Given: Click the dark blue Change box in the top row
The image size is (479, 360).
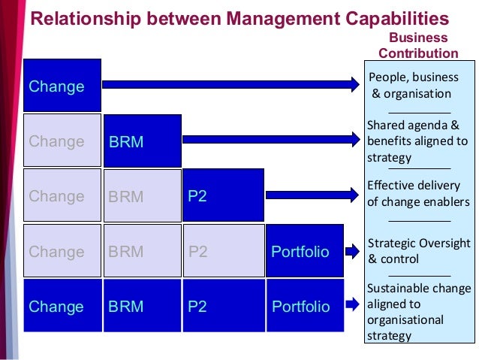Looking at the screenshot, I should (x=62, y=86).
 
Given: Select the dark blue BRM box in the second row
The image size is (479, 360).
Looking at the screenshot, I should (x=143, y=141).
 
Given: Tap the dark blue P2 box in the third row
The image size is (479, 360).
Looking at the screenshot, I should (x=222, y=195).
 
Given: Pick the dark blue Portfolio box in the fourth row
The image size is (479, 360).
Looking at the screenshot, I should (x=304, y=251).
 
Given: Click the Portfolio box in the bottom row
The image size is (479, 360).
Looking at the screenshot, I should (x=304, y=306).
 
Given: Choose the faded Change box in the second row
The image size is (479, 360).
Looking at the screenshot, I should (x=62, y=141).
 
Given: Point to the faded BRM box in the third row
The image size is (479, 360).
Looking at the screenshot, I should (x=142, y=195).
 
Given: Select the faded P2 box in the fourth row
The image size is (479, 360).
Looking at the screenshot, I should (x=222, y=251).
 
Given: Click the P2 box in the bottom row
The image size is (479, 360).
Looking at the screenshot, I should (x=222, y=306).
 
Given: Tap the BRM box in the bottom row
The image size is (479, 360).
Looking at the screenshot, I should (x=142, y=306).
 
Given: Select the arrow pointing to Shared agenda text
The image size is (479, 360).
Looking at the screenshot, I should (x=270, y=139).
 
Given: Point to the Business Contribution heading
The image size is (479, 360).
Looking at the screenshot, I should (x=418, y=45).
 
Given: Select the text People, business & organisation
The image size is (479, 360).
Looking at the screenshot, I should (x=412, y=86).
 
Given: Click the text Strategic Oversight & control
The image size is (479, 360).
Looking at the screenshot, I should (x=419, y=251).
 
